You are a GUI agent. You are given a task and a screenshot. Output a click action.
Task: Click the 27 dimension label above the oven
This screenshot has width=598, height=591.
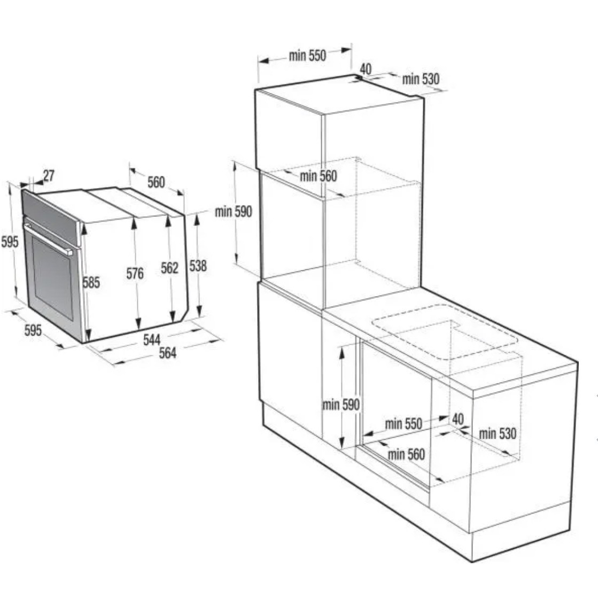pyautogui.click(x=49, y=176)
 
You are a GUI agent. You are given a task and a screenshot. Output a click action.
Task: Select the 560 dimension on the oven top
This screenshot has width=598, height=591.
pyautogui.click(x=156, y=182)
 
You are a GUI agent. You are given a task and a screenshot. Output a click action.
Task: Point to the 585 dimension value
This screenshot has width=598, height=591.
pyautogui.click(x=91, y=283)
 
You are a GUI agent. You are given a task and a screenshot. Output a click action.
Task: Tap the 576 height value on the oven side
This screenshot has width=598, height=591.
pyautogui.click(x=135, y=274)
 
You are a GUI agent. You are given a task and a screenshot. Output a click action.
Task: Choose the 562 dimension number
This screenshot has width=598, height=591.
pyautogui.click(x=169, y=268)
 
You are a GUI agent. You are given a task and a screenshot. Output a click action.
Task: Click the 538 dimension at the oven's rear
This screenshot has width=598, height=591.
pyautogui.click(x=198, y=266)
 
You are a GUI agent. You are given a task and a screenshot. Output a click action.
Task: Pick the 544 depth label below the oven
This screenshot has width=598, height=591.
pyautogui.click(x=152, y=339)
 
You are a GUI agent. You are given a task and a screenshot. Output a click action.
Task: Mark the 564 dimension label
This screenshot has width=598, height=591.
pyautogui.click(x=167, y=353)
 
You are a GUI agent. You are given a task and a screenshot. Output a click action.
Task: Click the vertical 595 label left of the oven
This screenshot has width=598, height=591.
pyautogui.click(x=10, y=242)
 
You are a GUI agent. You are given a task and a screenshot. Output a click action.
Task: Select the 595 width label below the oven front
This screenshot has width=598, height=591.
pyautogui.click(x=33, y=330)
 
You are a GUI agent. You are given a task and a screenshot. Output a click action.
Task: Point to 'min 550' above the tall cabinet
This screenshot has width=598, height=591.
pyautogui.click(x=307, y=56)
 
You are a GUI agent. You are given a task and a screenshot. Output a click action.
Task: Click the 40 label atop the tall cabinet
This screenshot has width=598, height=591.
pyautogui.click(x=366, y=69)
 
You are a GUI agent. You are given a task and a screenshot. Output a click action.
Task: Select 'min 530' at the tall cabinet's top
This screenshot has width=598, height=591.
pyautogui.click(x=421, y=79)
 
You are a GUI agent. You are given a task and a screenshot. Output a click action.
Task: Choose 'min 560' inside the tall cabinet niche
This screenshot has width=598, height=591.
pyautogui.click(x=319, y=176)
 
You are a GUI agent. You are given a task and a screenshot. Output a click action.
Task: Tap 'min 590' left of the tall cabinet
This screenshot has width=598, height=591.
pyautogui.click(x=234, y=211)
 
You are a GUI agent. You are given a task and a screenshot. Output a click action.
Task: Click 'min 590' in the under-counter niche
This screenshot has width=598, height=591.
pyautogui.click(x=341, y=405)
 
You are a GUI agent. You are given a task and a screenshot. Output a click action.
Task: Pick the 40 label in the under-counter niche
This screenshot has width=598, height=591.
pyautogui.click(x=457, y=419)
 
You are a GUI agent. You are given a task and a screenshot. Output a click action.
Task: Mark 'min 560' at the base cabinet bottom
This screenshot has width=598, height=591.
pyautogui.click(x=406, y=454)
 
